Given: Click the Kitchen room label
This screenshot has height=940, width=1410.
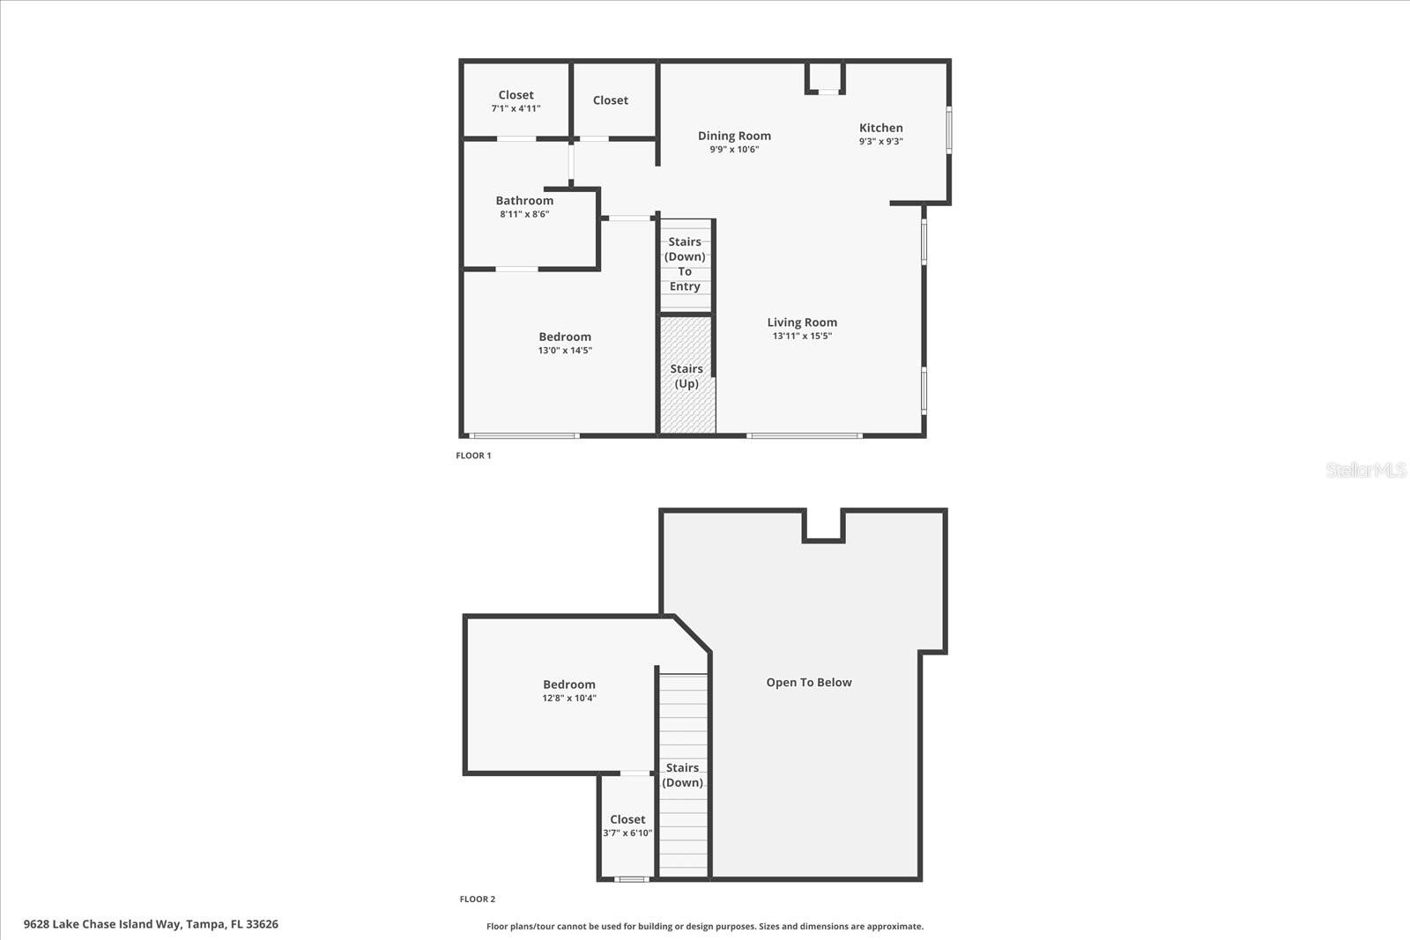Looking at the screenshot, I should pos(880,129).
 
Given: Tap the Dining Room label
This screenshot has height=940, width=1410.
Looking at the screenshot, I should pos(734,136).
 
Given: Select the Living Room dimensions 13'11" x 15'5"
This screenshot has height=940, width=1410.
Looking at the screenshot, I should pos(802,336).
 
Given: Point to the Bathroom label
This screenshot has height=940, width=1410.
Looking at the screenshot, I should pos(524,201).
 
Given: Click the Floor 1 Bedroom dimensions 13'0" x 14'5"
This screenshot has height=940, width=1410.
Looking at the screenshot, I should pos(565,351).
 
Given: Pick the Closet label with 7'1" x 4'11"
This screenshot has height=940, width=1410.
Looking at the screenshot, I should pos(516,95).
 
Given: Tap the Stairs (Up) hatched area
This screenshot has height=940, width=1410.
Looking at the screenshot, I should pos(686,376).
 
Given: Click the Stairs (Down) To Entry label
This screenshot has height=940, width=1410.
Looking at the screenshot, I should pos(685,263).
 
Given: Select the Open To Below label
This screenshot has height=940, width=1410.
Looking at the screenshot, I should pos(809,682).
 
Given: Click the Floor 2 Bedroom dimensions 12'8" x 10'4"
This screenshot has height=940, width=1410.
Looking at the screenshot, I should pos(569,698).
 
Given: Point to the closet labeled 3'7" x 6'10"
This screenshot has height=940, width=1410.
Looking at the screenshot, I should pos(627,825).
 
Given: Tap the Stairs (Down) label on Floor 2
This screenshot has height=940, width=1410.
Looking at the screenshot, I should pos(683,775).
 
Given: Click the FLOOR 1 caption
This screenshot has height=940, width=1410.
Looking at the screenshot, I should pos(473,455).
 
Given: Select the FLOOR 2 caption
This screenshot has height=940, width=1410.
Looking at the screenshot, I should pos(477,899).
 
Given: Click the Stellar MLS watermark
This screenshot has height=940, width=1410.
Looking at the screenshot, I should pos(1365,470).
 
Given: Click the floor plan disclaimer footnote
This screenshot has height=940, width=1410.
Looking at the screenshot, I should pos(705,926).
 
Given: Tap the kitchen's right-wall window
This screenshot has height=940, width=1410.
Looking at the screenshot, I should pos(949,130).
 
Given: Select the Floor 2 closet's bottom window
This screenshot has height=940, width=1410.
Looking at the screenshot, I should pos(631,878).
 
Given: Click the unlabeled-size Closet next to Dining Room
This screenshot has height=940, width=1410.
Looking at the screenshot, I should pos(610,100).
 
